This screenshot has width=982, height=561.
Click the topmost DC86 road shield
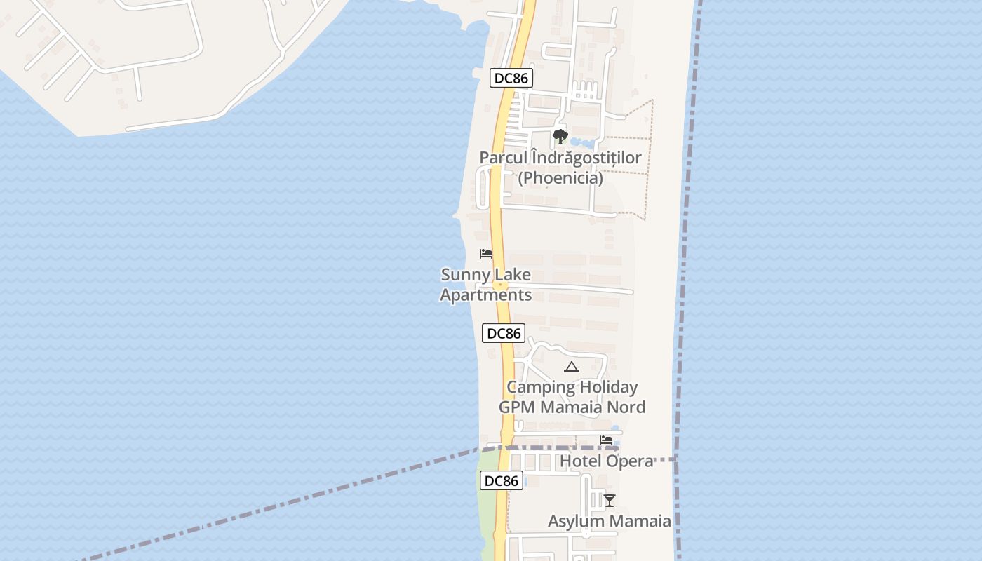click(511, 78)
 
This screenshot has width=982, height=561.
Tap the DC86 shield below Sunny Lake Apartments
click(504, 333)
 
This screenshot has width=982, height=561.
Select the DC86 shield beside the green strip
click(502, 480)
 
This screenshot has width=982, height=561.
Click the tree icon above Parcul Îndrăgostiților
click(560, 136)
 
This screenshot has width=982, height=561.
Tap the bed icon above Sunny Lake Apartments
click(486, 253)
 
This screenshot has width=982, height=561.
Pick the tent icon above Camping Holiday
click(572, 367)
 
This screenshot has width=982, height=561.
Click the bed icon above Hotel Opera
click(606, 440)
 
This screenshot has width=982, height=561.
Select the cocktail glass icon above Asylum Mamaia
click(610, 500)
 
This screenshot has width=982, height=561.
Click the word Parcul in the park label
click(502, 158)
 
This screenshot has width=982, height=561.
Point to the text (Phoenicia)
click(560, 178)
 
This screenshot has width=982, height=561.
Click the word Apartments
click(485, 295)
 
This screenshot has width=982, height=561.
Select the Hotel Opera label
click(606, 461)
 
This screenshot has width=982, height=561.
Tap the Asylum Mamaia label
click(609, 521)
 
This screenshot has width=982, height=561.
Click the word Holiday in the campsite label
click(608, 387)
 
